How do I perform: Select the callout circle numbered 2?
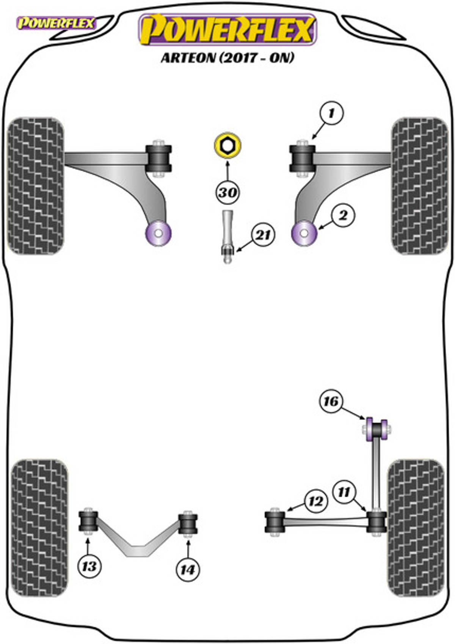coord(343,215)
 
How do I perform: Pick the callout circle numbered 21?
coord(263,235)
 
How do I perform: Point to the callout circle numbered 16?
coord(331,401)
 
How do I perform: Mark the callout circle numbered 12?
coord(316,502)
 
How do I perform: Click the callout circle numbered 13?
coord(89,566)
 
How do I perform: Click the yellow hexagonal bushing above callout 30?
coord(227,145)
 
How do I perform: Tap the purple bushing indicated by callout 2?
coord(304,233)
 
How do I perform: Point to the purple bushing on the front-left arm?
coord(158,233)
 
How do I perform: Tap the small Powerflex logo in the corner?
coord(56,23)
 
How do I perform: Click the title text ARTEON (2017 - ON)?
coord(228,58)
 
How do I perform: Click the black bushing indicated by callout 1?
coord(302,158)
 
